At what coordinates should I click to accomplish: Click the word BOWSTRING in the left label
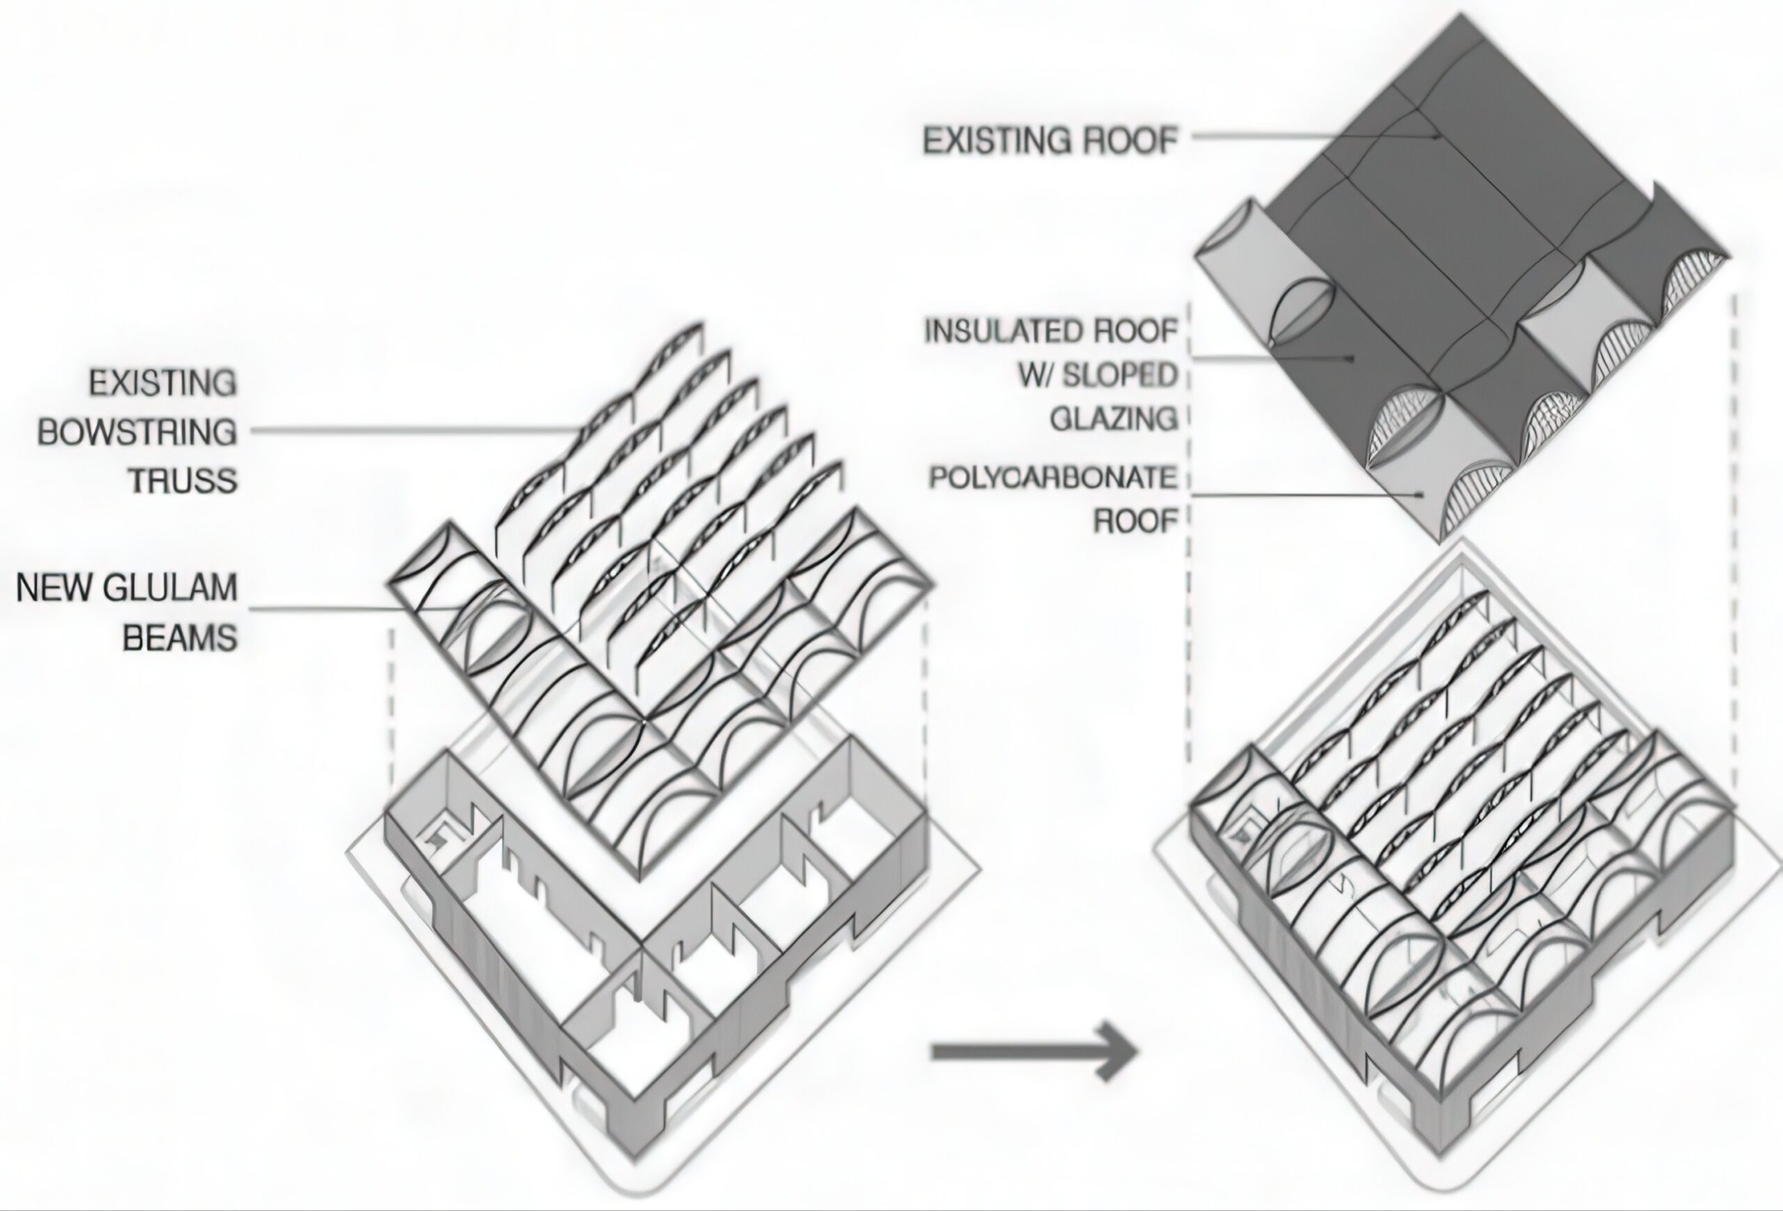[137, 432]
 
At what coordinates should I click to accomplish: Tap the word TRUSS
[182, 481]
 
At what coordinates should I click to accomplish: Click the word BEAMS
[180, 637]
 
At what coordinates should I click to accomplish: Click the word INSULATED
[997, 331]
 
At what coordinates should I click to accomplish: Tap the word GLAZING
[1113, 419]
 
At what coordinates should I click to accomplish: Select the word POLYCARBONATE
[1052, 478]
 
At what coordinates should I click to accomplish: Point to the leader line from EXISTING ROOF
[1305, 138]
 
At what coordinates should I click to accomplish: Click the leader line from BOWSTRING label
[414, 430]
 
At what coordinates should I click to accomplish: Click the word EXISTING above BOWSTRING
[163, 384]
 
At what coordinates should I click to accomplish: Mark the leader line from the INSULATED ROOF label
[1266, 358]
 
